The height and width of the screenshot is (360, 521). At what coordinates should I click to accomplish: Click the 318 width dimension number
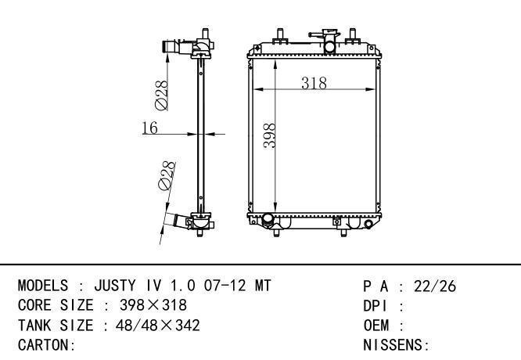314,83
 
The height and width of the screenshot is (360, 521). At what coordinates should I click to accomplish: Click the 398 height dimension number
269,135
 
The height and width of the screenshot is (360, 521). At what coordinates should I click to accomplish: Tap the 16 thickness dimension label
150,128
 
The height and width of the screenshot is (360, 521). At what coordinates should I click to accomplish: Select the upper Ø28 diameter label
161,95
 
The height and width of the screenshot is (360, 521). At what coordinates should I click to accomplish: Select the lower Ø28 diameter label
167,176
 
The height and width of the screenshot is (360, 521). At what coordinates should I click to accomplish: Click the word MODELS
43,286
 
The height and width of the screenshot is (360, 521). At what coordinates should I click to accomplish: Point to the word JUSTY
115,286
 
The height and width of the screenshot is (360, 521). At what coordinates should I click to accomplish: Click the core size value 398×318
153,305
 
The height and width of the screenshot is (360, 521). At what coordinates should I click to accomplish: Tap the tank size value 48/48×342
158,325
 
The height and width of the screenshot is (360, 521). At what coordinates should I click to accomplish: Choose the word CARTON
44,345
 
